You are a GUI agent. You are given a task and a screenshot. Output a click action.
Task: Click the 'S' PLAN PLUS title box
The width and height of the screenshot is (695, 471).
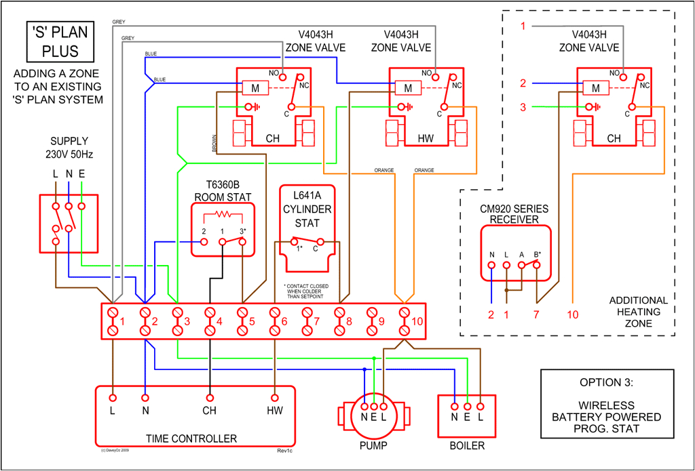60,41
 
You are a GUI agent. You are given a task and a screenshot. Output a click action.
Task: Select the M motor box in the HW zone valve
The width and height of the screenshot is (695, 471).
408,88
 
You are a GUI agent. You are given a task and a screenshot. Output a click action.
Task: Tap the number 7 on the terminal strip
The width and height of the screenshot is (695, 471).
316,321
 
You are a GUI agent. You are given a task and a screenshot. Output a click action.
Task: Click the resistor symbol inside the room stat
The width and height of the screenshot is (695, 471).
223,216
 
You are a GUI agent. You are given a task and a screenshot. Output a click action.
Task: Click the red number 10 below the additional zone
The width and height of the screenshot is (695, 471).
574,314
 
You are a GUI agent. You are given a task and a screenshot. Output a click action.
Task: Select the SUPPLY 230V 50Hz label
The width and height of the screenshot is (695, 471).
69,148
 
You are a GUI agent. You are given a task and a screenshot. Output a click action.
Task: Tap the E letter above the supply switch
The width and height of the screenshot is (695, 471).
81,174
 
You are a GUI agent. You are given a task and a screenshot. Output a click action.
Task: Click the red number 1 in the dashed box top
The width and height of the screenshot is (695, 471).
523,26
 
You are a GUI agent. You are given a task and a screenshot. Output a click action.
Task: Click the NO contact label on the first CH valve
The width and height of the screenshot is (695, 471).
274,73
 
